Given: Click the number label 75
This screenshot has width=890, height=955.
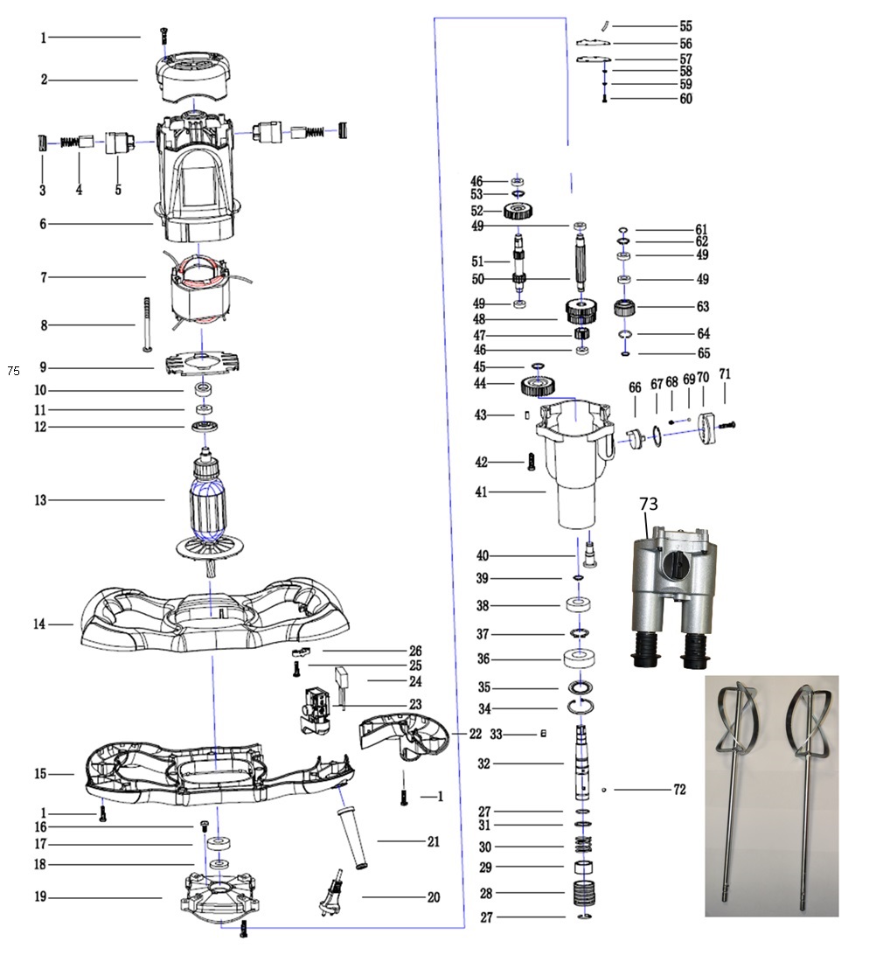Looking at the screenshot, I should tap(13, 371).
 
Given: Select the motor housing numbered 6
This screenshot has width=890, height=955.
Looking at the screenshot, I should tap(197, 179).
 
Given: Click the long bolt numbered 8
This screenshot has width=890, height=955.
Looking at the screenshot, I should tap(146, 324).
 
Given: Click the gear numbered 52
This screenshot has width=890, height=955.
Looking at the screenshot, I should tap(519, 211).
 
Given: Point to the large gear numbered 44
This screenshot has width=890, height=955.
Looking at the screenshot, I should tap(539, 385).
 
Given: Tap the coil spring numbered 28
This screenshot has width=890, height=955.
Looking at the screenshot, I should tap(582, 894).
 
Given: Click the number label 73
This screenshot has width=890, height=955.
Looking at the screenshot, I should tap(648, 505).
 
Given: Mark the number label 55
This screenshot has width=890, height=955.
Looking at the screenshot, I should tap(685, 27).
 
